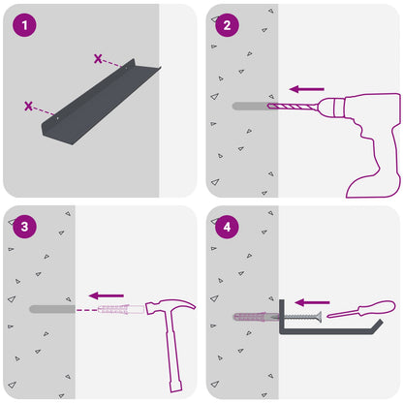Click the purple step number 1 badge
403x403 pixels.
tap(24, 25)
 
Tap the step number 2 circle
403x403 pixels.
tap(227, 25)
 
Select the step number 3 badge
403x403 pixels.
tap(24, 227)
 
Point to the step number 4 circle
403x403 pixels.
tap(227, 227)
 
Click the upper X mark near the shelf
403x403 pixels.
tap(98, 59)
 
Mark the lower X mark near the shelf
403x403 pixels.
tap(29, 106)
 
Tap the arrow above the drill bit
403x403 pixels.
tap(307, 89)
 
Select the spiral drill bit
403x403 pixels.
tap(293, 107)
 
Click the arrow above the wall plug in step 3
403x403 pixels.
tap(107, 295)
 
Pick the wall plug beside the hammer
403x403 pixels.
tap(121, 309)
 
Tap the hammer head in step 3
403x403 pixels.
tap(170, 306)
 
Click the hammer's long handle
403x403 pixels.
tap(173, 352)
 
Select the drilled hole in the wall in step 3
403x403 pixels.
tap(52, 309)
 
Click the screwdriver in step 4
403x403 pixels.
tap(361, 309)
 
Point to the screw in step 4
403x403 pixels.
tap(300, 317)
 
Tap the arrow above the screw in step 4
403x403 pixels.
tap(312, 302)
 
